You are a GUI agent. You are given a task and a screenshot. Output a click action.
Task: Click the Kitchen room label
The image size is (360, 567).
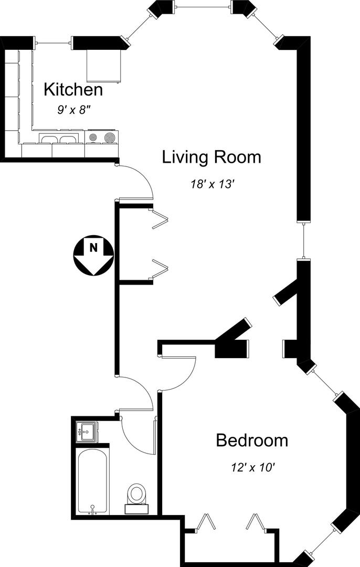[x=73, y=89]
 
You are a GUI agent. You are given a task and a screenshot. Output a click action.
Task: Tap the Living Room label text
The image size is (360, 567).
[x=211, y=157]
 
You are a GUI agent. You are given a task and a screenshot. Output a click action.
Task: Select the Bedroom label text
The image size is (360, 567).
[x=252, y=440]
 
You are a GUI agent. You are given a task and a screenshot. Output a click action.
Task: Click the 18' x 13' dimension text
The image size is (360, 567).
[x=213, y=184]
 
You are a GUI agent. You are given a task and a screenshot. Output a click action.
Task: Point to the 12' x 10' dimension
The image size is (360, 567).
[x=253, y=468]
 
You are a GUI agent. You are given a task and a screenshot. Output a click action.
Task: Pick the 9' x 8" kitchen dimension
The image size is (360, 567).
[x=73, y=110]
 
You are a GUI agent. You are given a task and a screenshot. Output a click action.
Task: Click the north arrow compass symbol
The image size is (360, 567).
[x=93, y=255]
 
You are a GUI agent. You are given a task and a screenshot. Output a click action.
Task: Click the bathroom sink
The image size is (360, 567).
[x=87, y=432]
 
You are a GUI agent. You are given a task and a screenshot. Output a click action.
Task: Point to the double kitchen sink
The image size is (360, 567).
[x=59, y=139]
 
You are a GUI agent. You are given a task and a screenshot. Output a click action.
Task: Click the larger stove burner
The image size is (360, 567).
[x=109, y=138]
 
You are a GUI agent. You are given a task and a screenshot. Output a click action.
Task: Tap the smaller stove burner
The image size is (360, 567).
[x=93, y=138]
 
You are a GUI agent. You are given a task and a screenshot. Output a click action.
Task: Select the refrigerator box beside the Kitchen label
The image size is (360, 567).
[x=103, y=66]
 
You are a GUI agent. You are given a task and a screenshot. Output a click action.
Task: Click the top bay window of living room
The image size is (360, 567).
[x=203, y=6]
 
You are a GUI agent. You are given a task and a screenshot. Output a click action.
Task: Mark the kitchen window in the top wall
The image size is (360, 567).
[x=53, y=43]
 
